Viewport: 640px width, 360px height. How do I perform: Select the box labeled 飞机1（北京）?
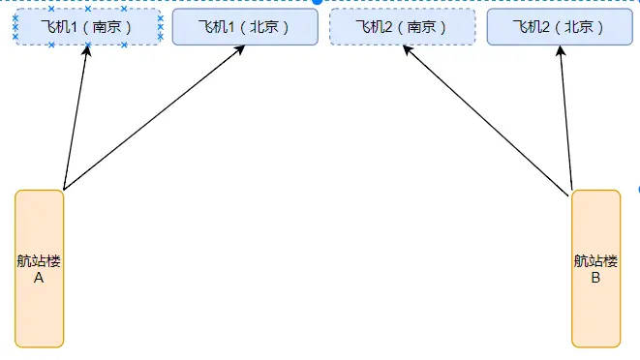pyautogui.click(x=245, y=27)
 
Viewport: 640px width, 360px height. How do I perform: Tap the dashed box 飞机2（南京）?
pyautogui.click(x=402, y=27)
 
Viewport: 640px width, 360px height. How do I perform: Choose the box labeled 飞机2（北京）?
pyautogui.click(x=560, y=27)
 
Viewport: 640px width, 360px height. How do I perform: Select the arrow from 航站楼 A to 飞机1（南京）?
pyautogui.click(x=76, y=117)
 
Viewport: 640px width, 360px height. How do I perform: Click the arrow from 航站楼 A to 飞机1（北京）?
pyautogui.click(x=155, y=117)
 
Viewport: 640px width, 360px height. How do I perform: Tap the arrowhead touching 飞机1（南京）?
pyautogui.click(x=86, y=53)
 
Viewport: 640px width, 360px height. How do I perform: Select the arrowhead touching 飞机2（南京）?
pyautogui.click(x=406, y=52)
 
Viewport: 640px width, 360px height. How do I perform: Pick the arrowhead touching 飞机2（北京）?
pyautogui.click(x=561, y=53)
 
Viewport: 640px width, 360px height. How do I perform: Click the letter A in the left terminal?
pyautogui.click(x=40, y=278)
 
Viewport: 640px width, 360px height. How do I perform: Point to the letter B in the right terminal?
pyautogui.click(x=595, y=278)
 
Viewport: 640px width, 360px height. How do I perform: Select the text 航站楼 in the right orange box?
pyautogui.click(x=595, y=260)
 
